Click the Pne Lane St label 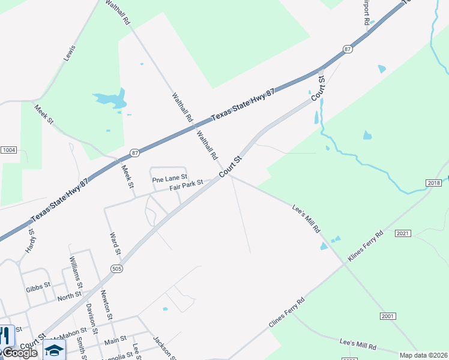[x=170, y=179]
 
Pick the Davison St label [x=91, y=315]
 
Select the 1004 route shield [x=8, y=149]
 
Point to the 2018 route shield [x=434, y=182]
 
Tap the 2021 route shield [x=403, y=233]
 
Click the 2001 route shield [x=388, y=316]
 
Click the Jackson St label [x=161, y=346]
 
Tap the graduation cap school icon [x=54, y=350]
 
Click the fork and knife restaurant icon [x=6, y=335]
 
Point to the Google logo [x=19, y=353]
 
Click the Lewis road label [x=70, y=53]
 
